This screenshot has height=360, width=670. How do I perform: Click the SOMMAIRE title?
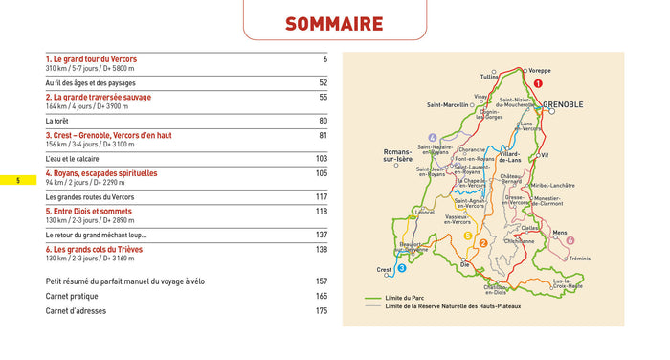334,24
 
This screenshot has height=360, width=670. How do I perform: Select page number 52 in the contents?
323,82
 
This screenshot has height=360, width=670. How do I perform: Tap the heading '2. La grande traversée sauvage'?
99,98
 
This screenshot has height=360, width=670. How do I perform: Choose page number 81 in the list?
323,135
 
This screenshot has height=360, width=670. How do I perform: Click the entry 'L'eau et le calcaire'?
78,159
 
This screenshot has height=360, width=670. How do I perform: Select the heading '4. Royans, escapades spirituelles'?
101,173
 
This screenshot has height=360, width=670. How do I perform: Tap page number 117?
321,196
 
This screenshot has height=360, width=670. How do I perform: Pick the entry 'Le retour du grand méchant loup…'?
97,235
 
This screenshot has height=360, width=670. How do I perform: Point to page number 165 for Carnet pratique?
321,296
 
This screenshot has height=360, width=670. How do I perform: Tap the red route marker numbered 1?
538,83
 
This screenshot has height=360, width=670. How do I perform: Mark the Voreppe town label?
540,70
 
